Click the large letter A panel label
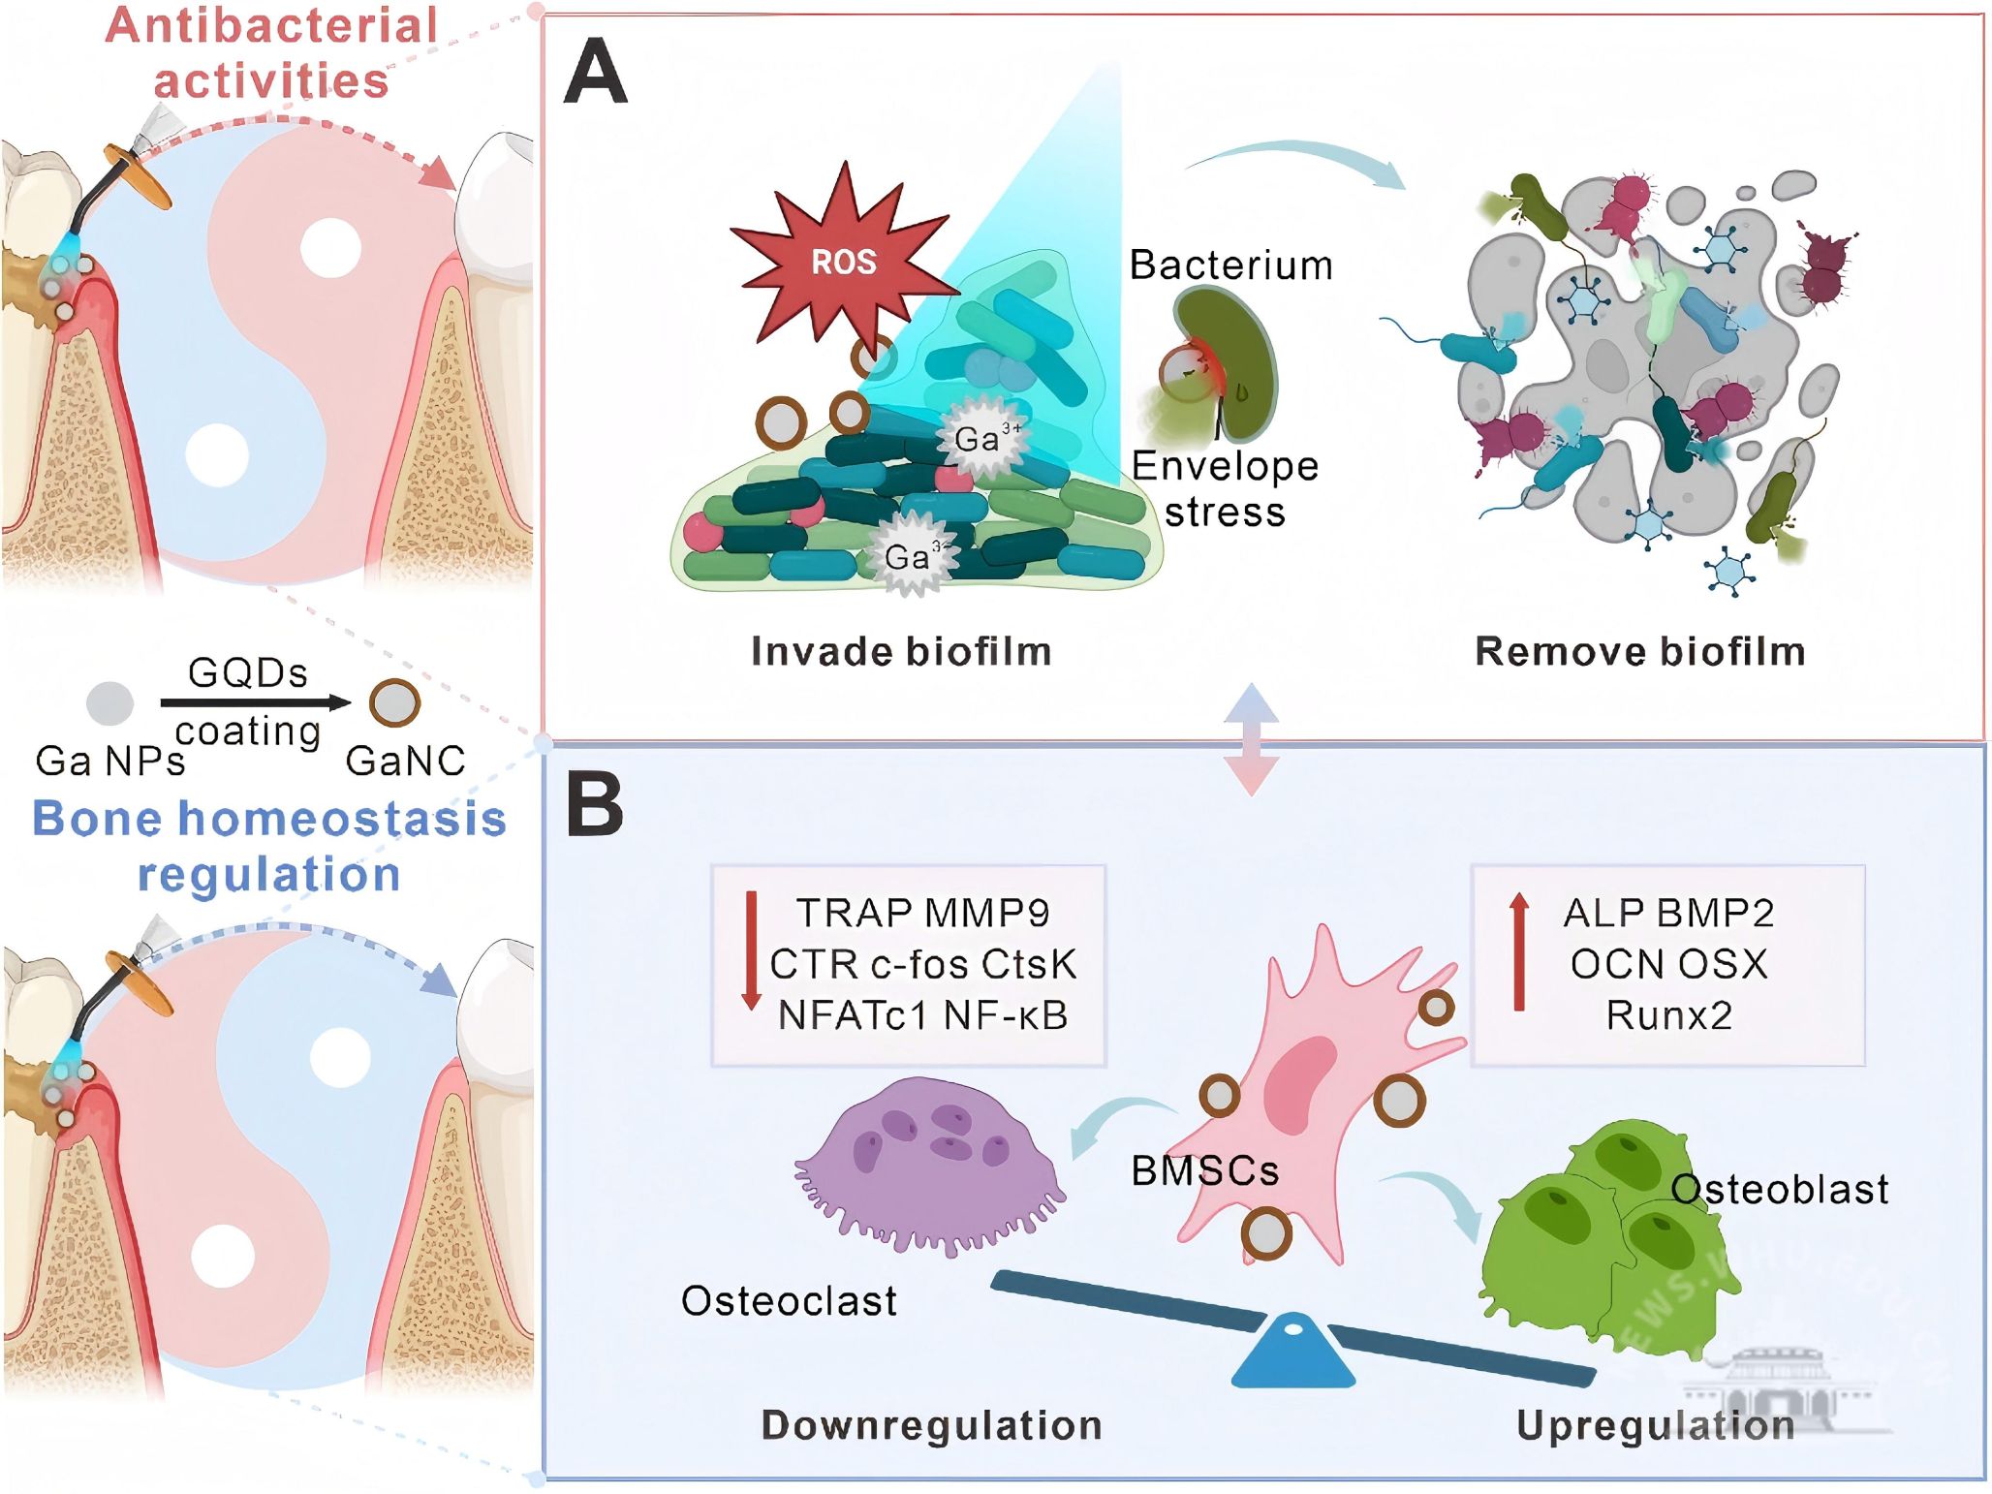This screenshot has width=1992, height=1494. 595,72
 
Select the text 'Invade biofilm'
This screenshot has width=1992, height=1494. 901,652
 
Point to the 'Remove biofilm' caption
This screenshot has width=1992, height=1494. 1639,652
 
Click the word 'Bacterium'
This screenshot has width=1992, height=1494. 1230,265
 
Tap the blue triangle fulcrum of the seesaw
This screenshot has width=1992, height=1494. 1292,1353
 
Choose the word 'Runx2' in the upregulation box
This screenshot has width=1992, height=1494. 1668,1015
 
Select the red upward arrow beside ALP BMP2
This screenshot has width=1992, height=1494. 1519,951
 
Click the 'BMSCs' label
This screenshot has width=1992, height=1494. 1204,1171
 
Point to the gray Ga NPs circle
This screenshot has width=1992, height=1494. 109,703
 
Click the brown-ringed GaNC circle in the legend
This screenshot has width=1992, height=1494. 394,703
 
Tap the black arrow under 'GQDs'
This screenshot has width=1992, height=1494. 254,702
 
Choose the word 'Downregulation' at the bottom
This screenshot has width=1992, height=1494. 931,1425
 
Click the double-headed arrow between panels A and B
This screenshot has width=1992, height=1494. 1252,739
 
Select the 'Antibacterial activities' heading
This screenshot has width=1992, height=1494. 271,53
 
